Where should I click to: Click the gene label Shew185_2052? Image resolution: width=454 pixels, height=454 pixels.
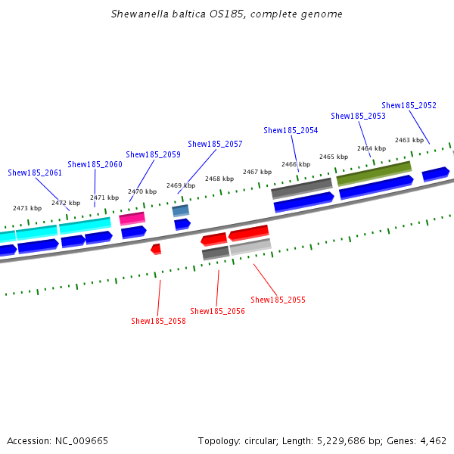(x=409, y=105)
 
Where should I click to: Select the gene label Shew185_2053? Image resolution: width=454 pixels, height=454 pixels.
(x=358, y=116)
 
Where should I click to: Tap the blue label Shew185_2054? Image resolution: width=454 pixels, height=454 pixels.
(x=291, y=130)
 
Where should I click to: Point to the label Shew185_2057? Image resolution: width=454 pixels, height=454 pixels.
(x=215, y=144)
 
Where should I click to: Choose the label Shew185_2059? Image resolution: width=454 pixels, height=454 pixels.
(x=153, y=154)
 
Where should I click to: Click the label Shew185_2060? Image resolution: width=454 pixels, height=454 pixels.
(x=95, y=164)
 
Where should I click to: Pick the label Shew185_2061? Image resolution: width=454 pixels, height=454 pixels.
(x=35, y=173)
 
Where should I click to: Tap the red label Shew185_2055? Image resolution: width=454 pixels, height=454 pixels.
(x=278, y=300)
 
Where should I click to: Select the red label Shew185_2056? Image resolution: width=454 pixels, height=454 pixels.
(x=217, y=311)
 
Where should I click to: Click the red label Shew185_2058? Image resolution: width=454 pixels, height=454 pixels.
(x=158, y=321)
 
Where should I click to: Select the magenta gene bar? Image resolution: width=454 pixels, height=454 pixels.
(x=132, y=219)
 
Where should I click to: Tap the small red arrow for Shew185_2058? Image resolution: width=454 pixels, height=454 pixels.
(x=156, y=248)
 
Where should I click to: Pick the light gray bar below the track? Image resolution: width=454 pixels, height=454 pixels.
(x=250, y=246)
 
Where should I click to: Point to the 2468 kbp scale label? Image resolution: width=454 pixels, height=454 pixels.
(x=219, y=179)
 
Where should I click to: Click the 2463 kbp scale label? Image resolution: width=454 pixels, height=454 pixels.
(x=409, y=140)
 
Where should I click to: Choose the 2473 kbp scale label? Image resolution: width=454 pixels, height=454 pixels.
(x=27, y=208)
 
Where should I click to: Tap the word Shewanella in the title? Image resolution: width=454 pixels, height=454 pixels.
(x=138, y=14)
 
